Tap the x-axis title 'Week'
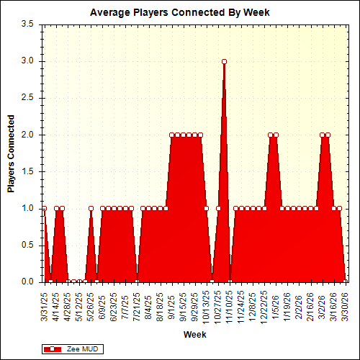tap(194, 335)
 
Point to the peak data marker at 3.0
tap(224, 62)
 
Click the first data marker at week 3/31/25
tap(44, 208)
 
